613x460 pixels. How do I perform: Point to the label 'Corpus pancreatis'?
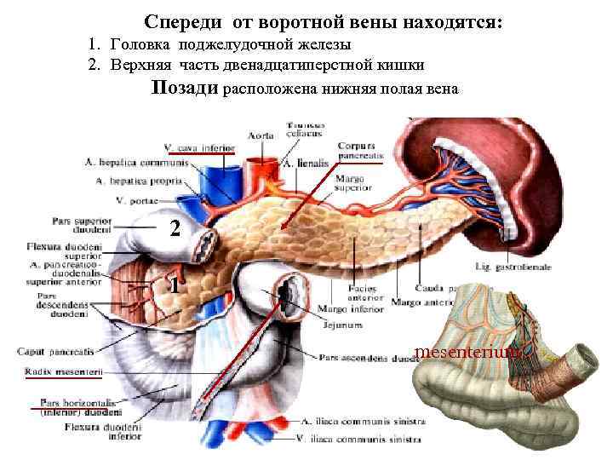click(360, 150)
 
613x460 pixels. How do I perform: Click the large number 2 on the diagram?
click(175, 228)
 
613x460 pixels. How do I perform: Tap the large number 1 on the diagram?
click(173, 285)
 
